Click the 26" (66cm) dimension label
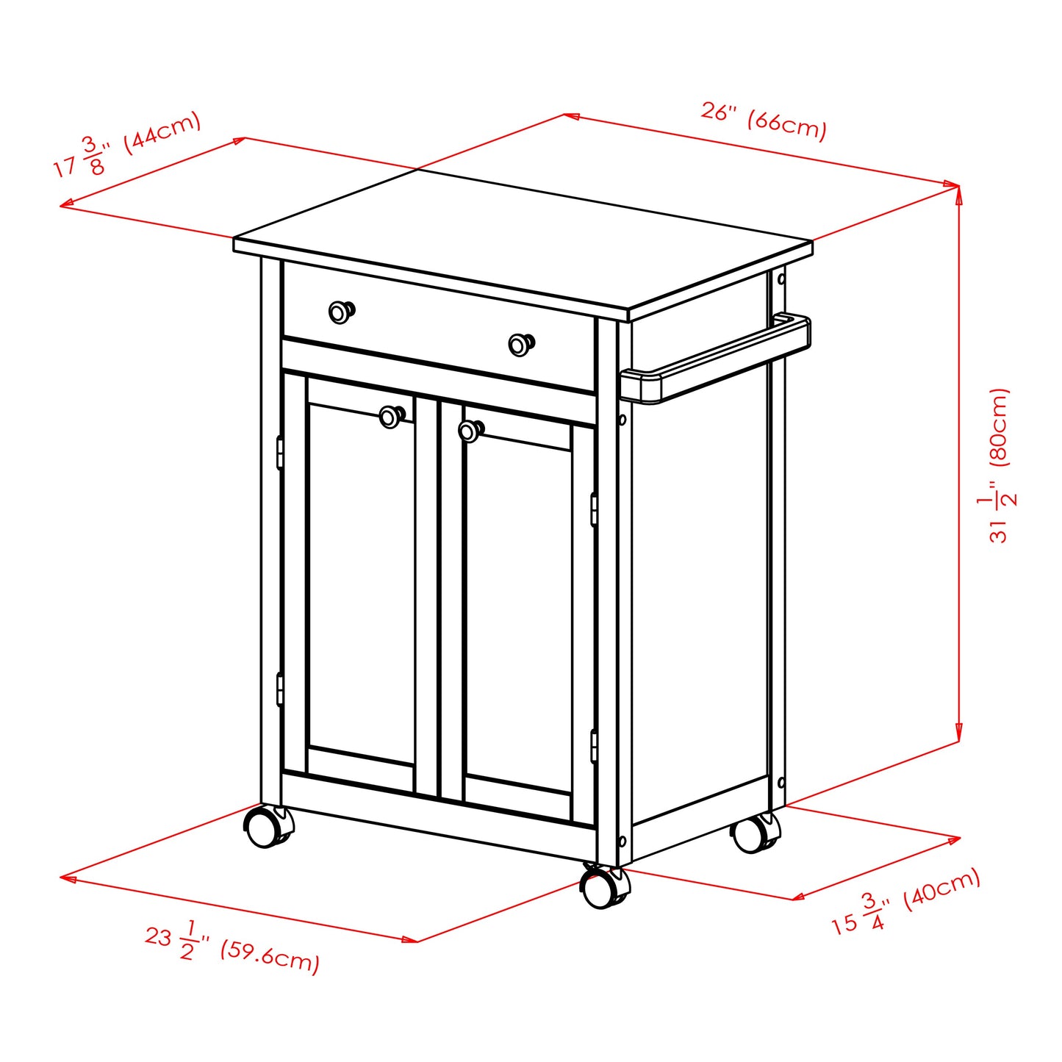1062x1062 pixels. click(x=764, y=121)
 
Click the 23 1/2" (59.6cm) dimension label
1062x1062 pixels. click(x=232, y=947)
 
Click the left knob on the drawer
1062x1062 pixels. click(x=340, y=312)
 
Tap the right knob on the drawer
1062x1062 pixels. click(x=520, y=344)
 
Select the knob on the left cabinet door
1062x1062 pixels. click(x=391, y=417)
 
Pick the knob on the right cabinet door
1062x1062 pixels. click(x=470, y=431)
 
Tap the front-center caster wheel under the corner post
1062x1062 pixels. click(x=603, y=889)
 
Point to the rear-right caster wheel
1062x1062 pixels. click(x=752, y=834)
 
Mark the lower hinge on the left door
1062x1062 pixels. click(x=280, y=689)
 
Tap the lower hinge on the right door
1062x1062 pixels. click(x=594, y=746)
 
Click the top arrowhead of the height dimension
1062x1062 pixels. click(x=958, y=193)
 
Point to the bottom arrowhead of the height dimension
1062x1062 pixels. click(x=958, y=736)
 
